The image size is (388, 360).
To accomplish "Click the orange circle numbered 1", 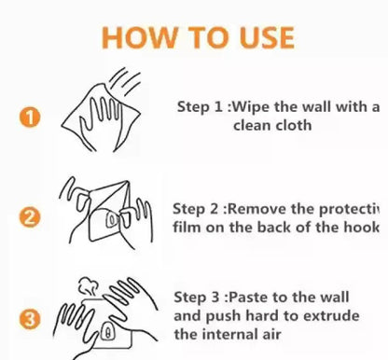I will click(31, 118).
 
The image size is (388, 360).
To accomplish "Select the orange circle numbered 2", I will click(31, 218).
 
